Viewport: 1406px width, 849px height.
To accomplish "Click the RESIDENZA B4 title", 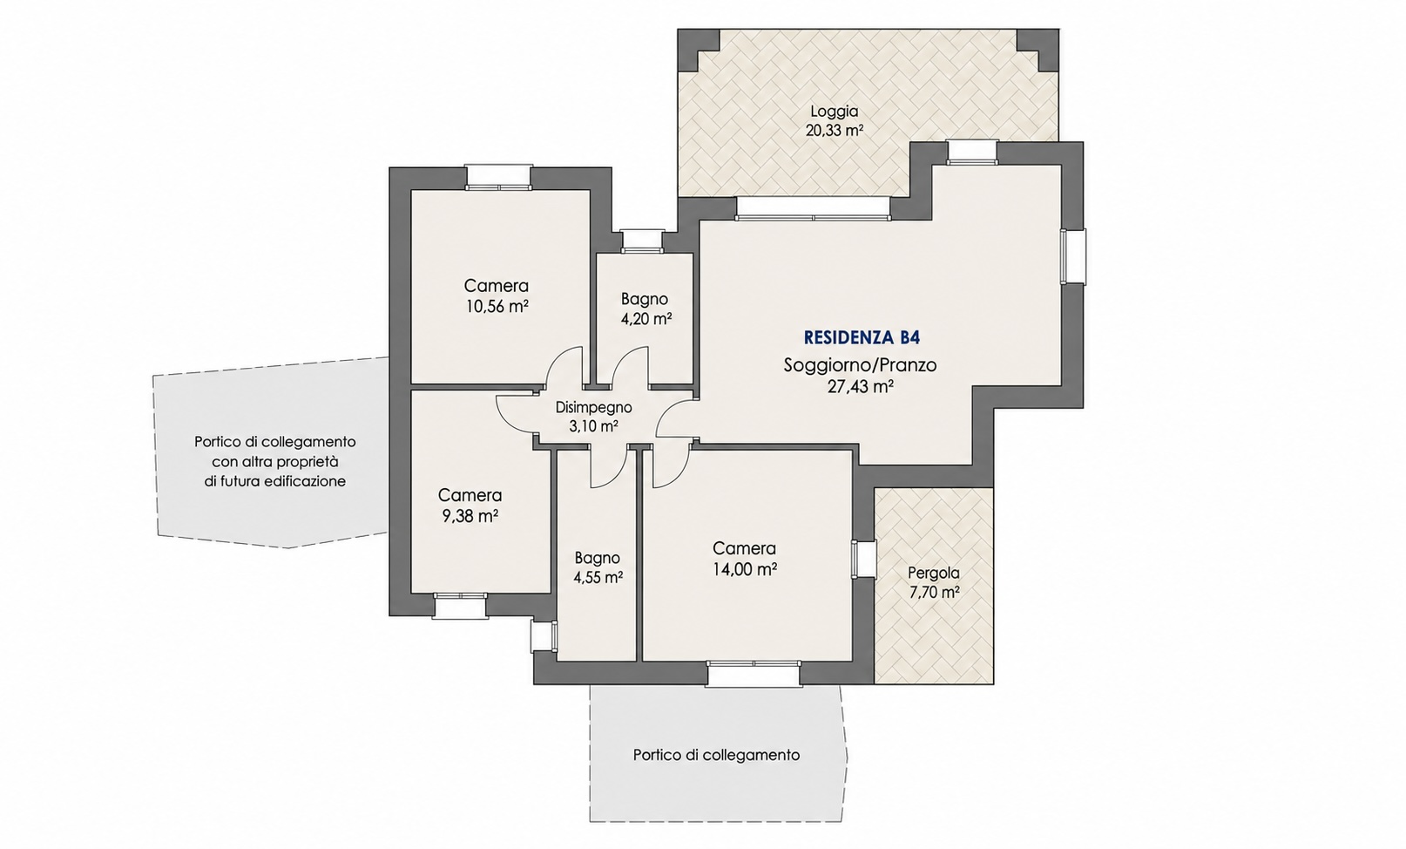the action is tap(862, 338).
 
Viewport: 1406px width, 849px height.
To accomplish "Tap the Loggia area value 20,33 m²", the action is tap(835, 131).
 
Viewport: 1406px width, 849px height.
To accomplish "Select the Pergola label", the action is tap(933, 573).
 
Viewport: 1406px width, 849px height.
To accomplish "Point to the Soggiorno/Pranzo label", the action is tap(860, 365).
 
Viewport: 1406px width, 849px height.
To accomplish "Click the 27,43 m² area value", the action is tap(860, 386).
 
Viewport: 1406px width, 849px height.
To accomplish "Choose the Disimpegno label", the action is tap(594, 408).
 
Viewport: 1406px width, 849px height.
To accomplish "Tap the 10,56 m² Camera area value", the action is tap(497, 307).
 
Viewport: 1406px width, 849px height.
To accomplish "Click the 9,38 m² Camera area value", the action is tap(470, 516).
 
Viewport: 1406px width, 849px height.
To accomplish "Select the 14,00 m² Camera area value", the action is tap(745, 569).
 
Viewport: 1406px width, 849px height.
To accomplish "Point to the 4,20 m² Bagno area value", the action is tap(646, 319).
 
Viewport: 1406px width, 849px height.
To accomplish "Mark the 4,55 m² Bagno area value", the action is tap(598, 578).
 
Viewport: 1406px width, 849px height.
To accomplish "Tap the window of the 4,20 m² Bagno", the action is tap(642, 241).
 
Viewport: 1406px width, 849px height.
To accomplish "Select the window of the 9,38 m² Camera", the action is tap(461, 605).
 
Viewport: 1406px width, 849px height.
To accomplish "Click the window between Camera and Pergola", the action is tap(863, 560).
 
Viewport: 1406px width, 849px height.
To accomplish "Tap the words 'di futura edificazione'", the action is tap(275, 482).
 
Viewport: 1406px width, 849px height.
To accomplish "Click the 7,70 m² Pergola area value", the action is tap(934, 592).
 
